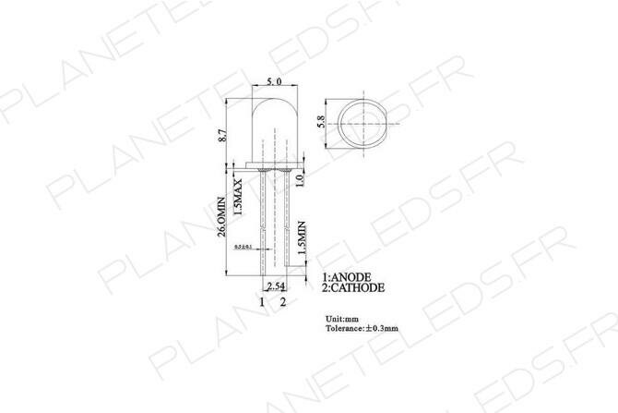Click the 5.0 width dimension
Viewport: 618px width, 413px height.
[273, 83]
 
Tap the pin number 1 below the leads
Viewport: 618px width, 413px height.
[262, 302]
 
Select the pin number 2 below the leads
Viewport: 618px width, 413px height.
[283, 302]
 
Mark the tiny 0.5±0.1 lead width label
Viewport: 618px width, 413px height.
[244, 248]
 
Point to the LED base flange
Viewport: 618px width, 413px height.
[273, 168]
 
